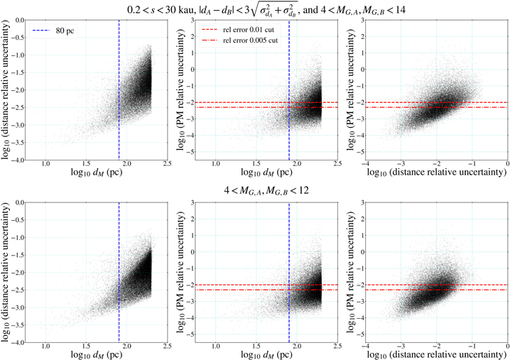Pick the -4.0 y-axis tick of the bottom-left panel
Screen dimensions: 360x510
click(23, 343)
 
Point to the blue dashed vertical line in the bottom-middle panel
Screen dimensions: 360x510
click(289, 270)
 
